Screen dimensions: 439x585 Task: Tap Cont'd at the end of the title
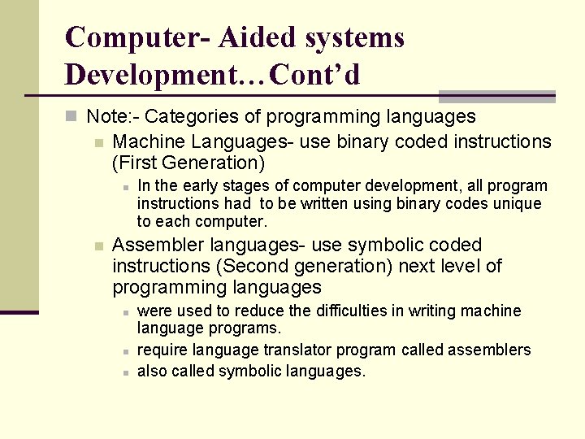point(315,75)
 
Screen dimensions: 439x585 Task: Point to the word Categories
point(185,116)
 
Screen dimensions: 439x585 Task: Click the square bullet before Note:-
point(71,116)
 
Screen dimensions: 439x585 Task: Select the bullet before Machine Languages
point(97,142)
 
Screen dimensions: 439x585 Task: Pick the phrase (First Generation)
point(188,163)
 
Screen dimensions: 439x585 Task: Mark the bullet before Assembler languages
point(97,246)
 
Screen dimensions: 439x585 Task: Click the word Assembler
point(158,245)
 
